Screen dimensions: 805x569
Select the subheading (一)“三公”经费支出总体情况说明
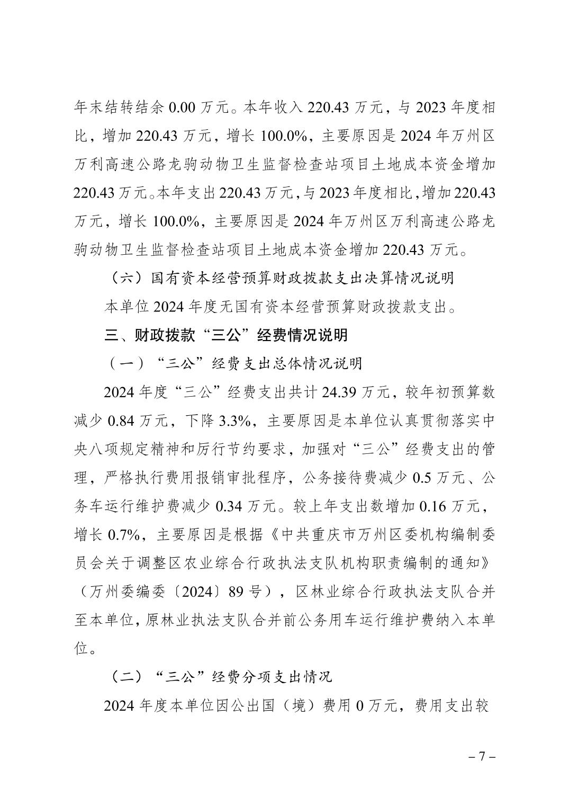233,363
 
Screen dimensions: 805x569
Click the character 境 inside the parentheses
300,705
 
